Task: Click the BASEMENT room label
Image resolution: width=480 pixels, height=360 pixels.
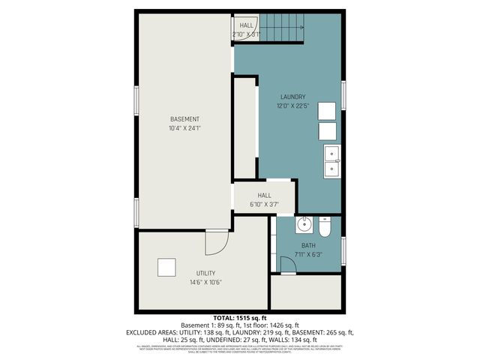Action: pos(184,119)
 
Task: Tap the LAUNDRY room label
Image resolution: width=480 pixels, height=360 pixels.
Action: pos(292,97)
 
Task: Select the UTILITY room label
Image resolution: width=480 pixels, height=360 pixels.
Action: pos(205,273)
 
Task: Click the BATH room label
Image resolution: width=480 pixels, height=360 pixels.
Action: pos(309,245)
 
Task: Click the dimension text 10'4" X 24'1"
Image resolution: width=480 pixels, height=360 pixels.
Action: pos(184,128)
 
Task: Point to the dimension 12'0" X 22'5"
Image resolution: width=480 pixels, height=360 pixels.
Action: pos(292,106)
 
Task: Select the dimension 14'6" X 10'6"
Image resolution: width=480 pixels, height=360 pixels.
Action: pos(205,283)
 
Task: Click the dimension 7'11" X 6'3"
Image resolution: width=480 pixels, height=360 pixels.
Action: pos(309,255)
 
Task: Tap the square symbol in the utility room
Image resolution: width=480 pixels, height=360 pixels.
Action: pos(166,267)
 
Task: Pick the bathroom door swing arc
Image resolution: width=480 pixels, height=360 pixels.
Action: pos(286,265)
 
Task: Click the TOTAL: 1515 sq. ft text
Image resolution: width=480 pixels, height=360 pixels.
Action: pos(240,318)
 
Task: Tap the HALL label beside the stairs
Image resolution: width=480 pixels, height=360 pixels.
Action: pos(246,25)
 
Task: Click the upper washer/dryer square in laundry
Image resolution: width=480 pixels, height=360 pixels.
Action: pos(327,109)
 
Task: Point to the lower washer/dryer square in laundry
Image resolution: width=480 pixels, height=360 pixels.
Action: pos(327,131)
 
